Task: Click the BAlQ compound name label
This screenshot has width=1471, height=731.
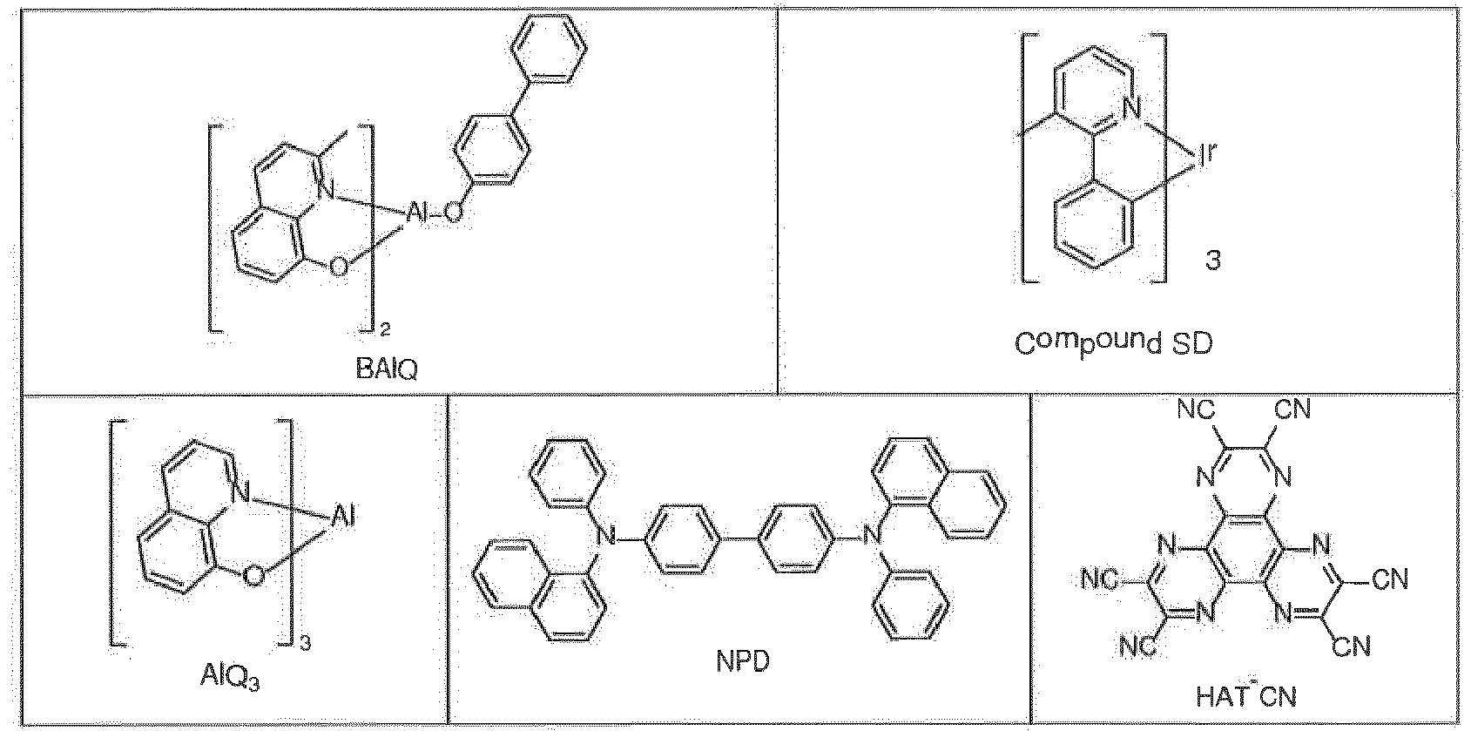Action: click(x=386, y=369)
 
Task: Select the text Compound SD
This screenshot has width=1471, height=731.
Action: click(x=1114, y=342)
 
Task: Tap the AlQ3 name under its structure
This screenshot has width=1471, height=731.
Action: click(x=230, y=678)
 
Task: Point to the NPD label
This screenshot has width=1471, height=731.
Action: click(x=743, y=661)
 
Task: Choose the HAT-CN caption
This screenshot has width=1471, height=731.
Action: click(x=1245, y=695)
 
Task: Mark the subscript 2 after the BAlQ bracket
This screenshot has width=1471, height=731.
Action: click(x=385, y=328)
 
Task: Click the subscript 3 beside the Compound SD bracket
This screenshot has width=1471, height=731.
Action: click(x=1213, y=261)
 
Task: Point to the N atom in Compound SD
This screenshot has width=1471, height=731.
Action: click(x=1132, y=109)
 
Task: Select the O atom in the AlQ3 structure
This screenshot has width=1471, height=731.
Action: click(x=253, y=577)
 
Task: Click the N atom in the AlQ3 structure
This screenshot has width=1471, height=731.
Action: click(x=242, y=491)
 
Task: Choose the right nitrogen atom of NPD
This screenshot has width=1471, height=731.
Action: click(x=872, y=538)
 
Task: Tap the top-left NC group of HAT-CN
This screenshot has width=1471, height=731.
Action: click(x=1196, y=409)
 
